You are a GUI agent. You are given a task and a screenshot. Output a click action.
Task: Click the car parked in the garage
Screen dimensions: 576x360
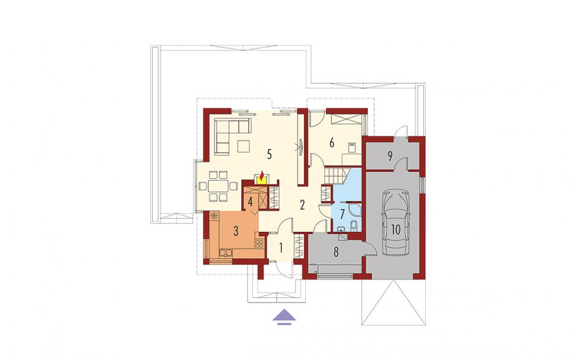coord(395,223)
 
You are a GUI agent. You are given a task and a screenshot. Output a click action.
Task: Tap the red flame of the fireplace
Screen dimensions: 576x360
coord(262,175)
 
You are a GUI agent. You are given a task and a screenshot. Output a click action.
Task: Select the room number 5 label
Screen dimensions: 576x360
coord(269,155)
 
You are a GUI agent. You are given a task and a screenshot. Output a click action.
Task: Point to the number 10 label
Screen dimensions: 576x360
coord(395,229)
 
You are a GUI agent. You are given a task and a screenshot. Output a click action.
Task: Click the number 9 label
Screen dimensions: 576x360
coord(390,156)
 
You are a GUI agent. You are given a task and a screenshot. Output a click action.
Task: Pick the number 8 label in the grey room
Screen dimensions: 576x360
coord(336,252)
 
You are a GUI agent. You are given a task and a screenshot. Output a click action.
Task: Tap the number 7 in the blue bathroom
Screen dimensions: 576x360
coord(342,213)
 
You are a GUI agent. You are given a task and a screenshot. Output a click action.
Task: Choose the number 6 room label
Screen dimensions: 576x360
coord(332,142)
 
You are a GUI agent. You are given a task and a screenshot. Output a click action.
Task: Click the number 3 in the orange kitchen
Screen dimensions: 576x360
coord(236,231)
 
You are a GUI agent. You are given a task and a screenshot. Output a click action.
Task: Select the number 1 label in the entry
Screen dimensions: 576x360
coord(281,248)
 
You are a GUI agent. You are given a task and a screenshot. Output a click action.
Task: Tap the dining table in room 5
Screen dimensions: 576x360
coord(218,186)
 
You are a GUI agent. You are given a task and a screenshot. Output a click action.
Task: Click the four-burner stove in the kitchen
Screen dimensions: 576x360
coord(259,243)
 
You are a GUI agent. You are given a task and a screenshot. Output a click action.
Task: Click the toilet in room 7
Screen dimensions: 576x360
coord(354,224)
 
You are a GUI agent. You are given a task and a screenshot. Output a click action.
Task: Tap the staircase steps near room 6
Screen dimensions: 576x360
coord(335,174)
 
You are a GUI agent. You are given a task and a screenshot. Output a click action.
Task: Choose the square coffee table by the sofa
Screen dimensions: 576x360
coord(243,147)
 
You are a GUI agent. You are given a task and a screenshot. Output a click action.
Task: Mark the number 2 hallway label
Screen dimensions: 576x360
coord(302,205)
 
